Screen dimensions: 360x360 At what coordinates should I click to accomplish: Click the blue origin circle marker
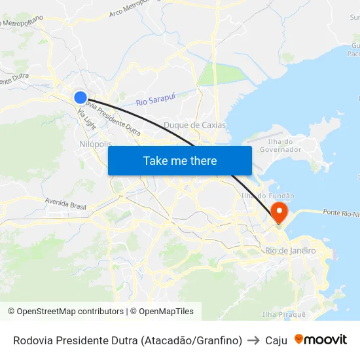click(x=80, y=98)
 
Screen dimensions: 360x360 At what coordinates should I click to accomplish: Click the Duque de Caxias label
click(x=194, y=125)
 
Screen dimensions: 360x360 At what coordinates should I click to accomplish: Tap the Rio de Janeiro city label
click(x=291, y=251)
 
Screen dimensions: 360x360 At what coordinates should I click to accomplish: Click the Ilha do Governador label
click(x=280, y=145)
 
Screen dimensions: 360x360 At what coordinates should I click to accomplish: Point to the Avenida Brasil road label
click(x=65, y=203)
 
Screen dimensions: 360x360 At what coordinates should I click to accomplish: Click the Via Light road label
click(x=86, y=118)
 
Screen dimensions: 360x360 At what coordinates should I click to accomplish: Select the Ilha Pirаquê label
click(x=283, y=314)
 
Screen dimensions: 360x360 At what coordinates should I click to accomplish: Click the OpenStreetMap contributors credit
click(x=65, y=312)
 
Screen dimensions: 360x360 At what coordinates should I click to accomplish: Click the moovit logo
click(x=320, y=340)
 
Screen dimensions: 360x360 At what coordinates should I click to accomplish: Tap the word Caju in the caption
click(x=276, y=340)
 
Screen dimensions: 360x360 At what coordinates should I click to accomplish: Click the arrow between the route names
click(x=253, y=340)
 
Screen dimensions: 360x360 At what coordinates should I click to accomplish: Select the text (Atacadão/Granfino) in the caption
click(x=191, y=340)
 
